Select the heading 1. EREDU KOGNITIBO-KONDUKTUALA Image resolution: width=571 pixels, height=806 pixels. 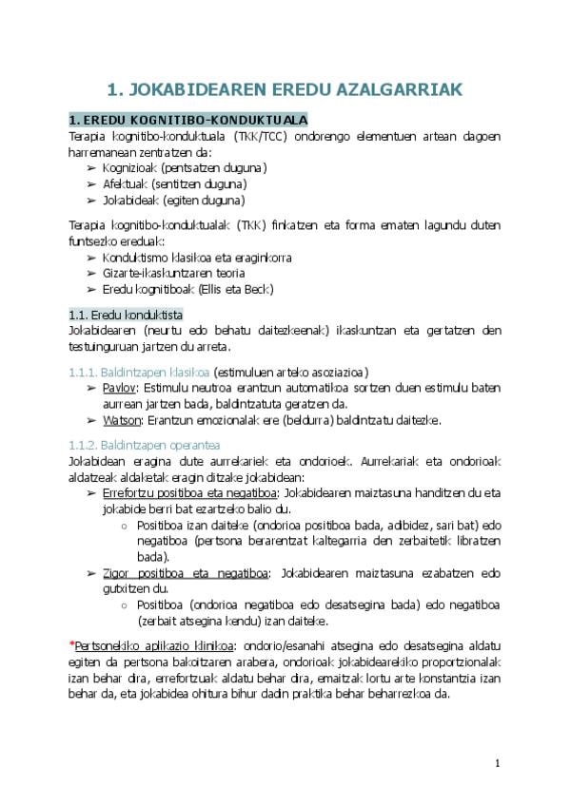pyautogui.click(x=188, y=121)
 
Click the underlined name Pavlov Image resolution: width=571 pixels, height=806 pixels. pyautogui.click(x=120, y=388)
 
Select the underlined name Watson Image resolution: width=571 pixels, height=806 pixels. pyautogui.click(x=122, y=420)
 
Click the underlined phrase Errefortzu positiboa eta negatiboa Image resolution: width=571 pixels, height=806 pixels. pyautogui.click(x=188, y=493)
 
